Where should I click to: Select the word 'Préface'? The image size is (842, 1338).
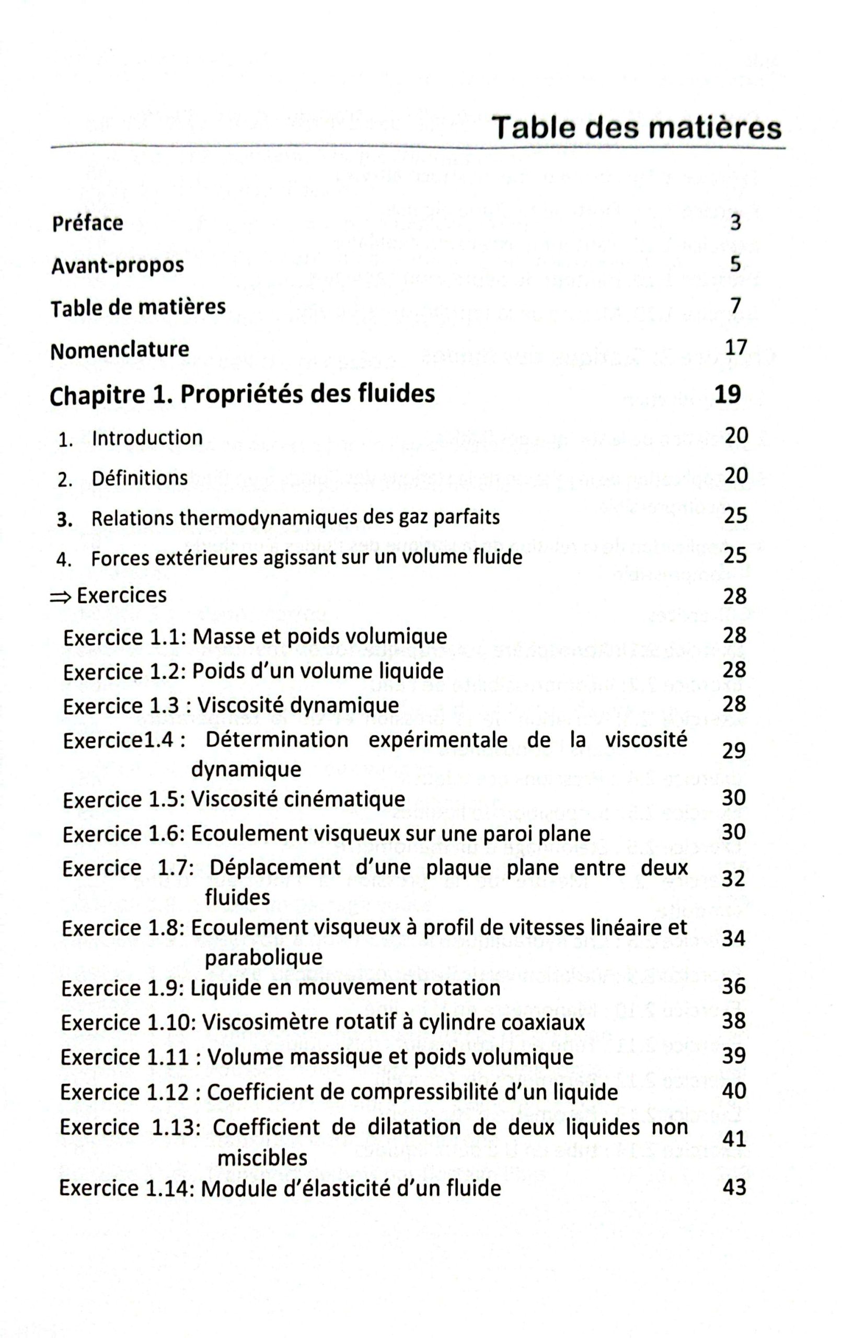[x=87, y=223]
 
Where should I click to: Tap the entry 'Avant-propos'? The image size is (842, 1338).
[x=117, y=266]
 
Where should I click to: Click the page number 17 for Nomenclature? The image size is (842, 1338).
[x=736, y=348]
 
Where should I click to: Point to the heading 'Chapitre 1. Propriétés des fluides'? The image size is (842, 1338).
[x=242, y=395]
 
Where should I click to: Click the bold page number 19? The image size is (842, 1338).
[x=728, y=394]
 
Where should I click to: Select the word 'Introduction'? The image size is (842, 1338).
[x=147, y=438]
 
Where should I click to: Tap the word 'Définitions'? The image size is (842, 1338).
[x=140, y=478]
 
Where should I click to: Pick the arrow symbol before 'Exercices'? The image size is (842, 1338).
[x=60, y=597]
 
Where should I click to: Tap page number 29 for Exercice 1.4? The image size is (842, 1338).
[x=734, y=751]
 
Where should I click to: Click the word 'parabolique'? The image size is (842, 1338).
[x=263, y=958]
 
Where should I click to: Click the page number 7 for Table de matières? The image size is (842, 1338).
[x=736, y=306]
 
